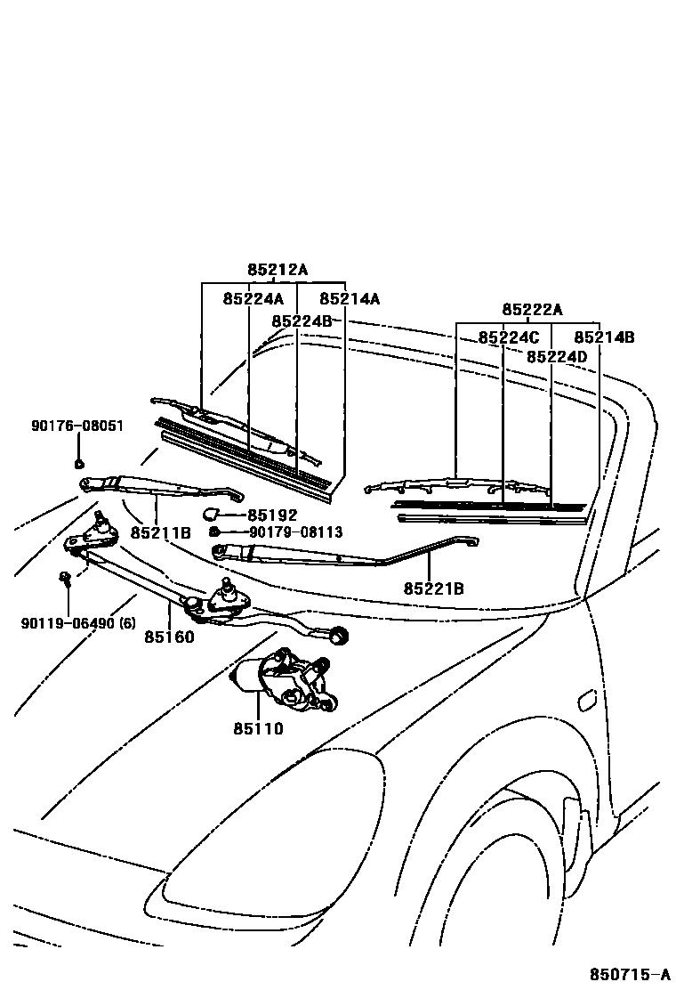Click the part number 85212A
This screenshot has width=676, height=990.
tap(278, 269)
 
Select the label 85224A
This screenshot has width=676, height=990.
tap(253, 299)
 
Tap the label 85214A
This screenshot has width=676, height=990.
tap(350, 299)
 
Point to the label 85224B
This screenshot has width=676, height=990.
tap(302, 321)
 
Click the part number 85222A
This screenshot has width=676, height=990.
tap(532, 310)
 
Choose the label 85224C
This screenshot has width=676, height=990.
tap(509, 337)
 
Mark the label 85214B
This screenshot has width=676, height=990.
tap(604, 337)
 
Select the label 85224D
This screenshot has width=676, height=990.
tap(557, 356)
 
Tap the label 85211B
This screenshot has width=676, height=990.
tap(160, 533)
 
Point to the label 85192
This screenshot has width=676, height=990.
tap(272, 515)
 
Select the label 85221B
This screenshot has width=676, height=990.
tap(433, 588)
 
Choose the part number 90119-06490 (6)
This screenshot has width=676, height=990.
tap(78, 623)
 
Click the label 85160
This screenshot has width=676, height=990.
tap(169, 637)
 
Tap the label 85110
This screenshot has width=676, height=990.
tap(258, 728)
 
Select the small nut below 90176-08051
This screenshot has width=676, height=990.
tap(78, 462)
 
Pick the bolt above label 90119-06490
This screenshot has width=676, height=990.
tap(66, 580)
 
